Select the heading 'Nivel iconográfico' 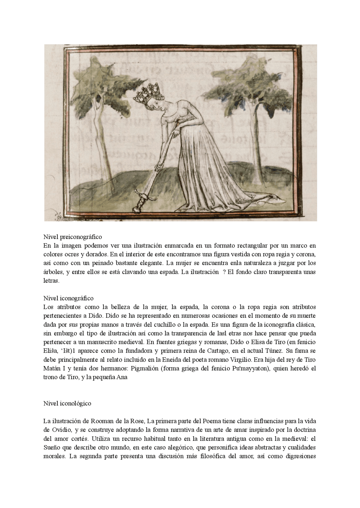click(68, 298)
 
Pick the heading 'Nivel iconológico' click(67, 403)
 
